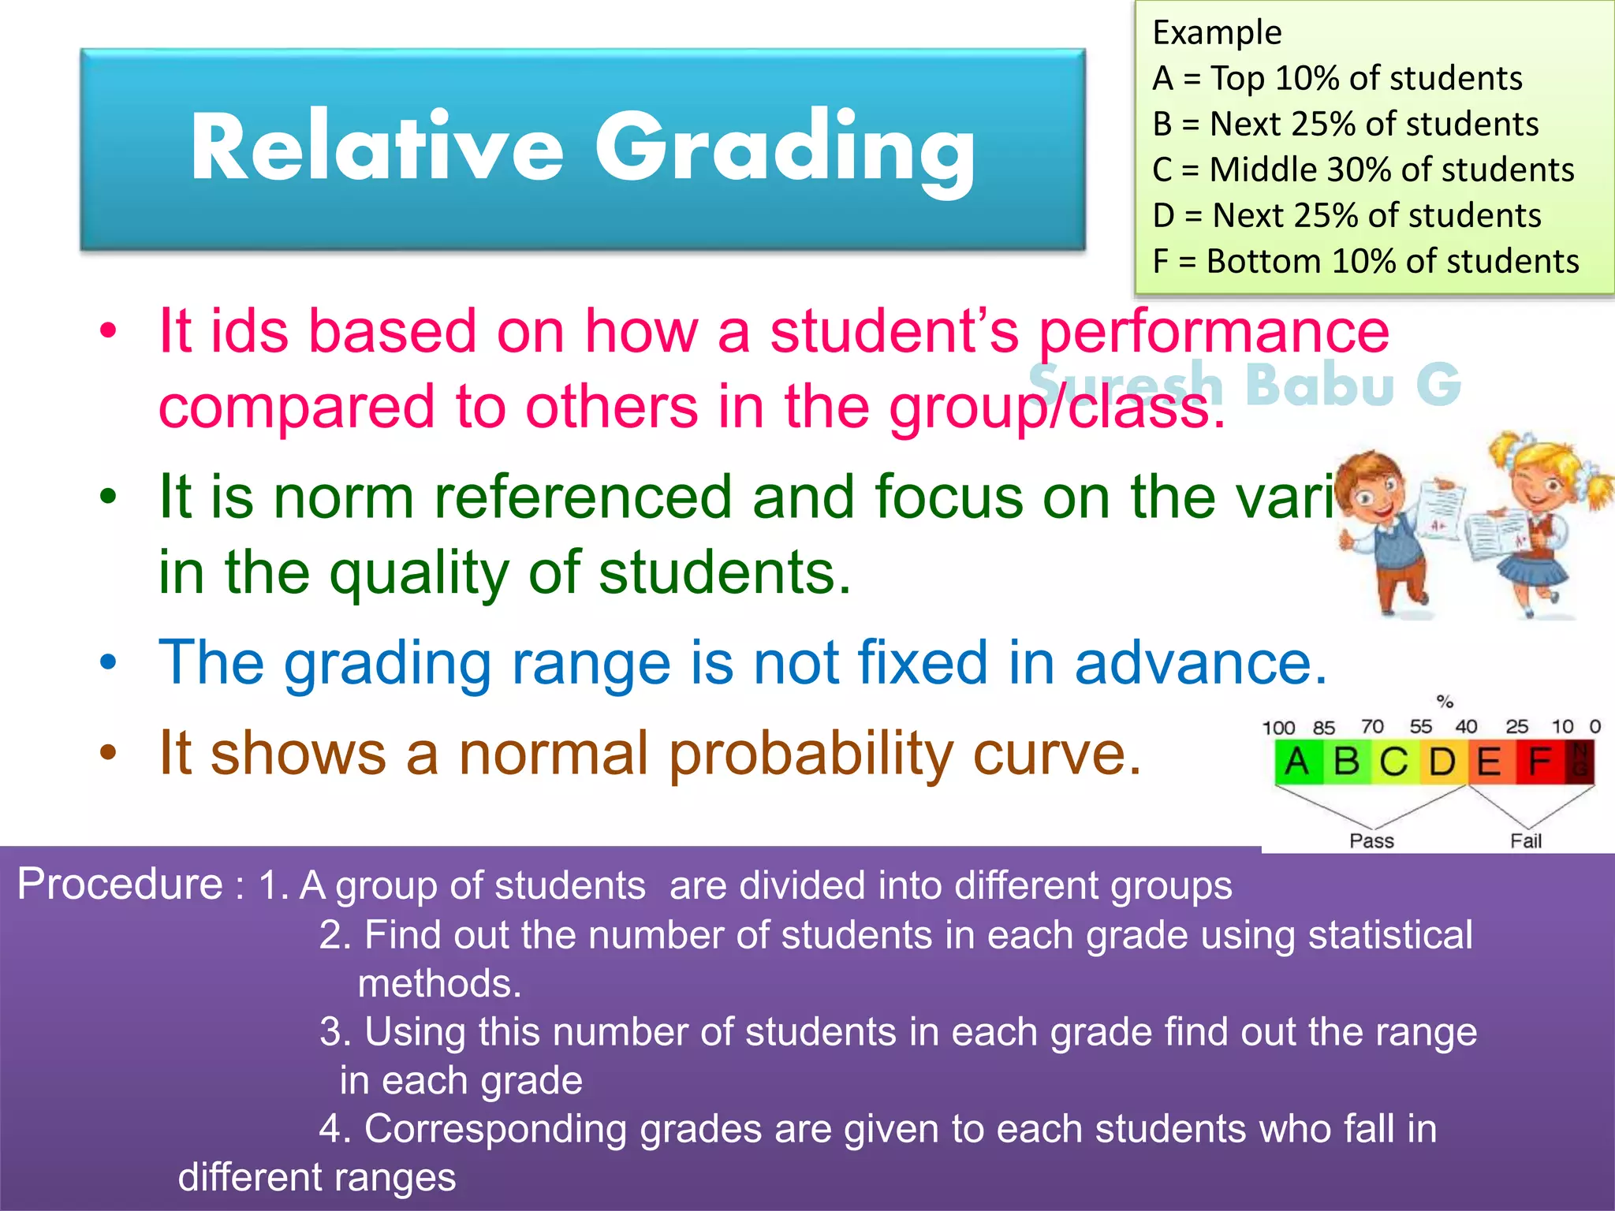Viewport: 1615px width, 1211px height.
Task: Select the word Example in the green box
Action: [x=1217, y=33]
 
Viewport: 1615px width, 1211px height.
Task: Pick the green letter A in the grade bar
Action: [x=1297, y=762]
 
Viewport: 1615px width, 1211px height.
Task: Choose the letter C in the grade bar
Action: [x=1393, y=762]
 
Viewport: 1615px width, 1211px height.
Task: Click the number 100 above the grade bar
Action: [x=1278, y=728]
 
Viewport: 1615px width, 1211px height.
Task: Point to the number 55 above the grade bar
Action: [x=1420, y=726]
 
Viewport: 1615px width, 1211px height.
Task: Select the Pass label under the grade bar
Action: [x=1371, y=841]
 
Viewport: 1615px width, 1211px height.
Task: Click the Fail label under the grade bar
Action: [x=1526, y=841]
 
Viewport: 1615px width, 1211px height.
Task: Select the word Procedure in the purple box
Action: [x=120, y=884]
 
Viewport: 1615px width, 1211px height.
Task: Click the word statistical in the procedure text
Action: [x=1390, y=935]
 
